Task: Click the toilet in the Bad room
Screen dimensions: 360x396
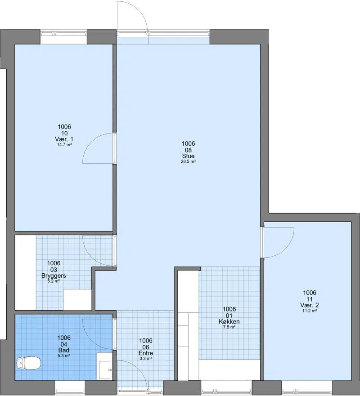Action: tap(28, 363)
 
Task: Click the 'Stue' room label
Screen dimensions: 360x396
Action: tap(189, 156)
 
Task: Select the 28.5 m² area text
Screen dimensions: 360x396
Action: tap(189, 162)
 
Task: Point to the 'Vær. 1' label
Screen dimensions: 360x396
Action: tap(64, 139)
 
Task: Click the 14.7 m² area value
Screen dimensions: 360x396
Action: tap(64, 145)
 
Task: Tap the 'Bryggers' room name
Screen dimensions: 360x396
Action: tap(54, 276)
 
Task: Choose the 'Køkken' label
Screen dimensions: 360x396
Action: tap(229, 321)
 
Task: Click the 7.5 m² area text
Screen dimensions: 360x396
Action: tap(229, 327)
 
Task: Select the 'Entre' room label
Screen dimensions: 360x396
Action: tap(146, 353)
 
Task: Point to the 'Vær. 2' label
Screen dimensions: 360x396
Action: tap(310, 305)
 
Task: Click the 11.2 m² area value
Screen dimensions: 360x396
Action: tap(310, 311)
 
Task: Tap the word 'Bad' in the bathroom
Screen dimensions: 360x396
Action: tap(64, 350)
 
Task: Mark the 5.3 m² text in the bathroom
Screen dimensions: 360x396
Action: tap(64, 356)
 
